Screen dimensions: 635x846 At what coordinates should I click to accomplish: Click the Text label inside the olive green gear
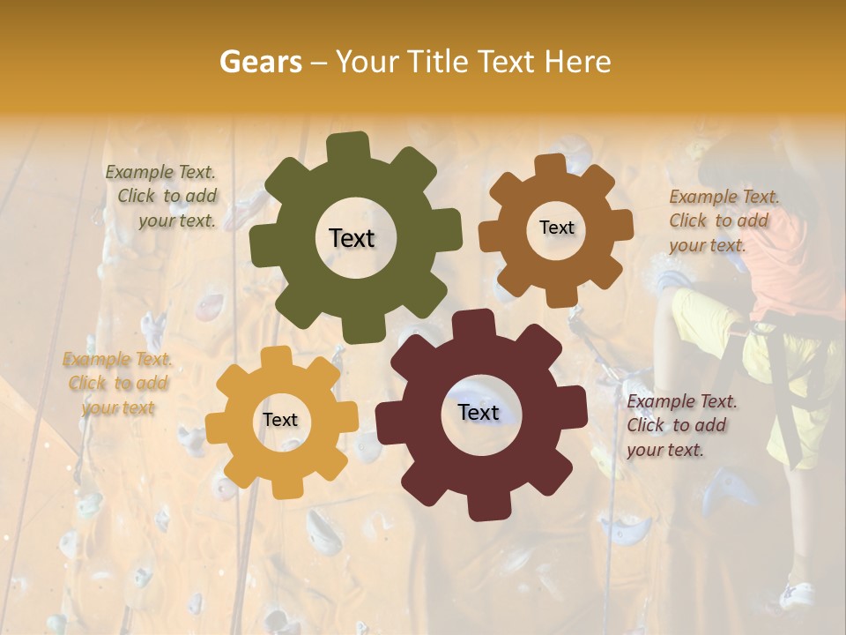pos(352,238)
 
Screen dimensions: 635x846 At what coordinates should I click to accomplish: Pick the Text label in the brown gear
pos(556,228)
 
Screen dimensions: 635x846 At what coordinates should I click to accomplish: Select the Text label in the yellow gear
pos(280,420)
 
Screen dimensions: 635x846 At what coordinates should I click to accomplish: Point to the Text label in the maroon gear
pos(479,412)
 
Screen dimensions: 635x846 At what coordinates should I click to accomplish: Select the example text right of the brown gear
pos(723,220)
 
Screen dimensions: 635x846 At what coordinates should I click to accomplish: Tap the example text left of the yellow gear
pos(117,384)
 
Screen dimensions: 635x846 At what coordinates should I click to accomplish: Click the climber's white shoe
pos(798,595)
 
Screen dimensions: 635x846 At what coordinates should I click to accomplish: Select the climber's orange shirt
pos(793,265)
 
